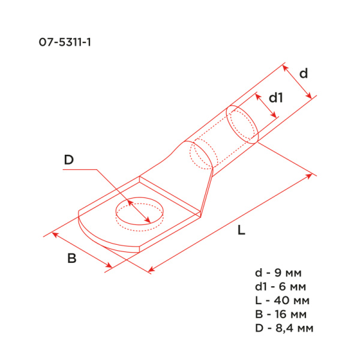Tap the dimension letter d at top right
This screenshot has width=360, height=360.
click(304, 73)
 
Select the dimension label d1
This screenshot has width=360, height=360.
click(275, 97)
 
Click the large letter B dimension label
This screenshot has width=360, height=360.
click(71, 259)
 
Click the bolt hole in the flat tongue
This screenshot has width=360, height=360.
click(139, 212)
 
